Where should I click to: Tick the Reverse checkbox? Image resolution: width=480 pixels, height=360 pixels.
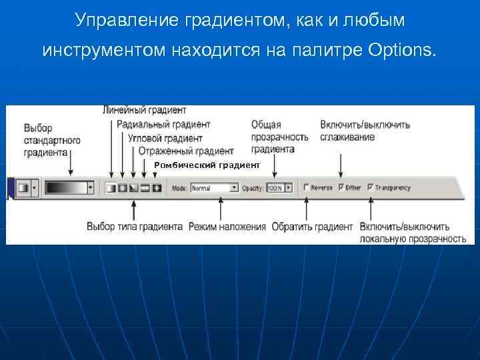point(306,187)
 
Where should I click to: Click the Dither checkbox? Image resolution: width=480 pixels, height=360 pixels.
point(341,187)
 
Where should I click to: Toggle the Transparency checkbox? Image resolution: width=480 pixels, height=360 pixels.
point(371,187)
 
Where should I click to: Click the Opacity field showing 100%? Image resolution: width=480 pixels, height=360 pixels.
point(274,188)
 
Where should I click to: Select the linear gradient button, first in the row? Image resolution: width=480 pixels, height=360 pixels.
point(111,188)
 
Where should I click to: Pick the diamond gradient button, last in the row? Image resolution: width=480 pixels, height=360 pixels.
point(157,188)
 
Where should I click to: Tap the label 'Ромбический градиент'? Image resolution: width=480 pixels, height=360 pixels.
point(207,165)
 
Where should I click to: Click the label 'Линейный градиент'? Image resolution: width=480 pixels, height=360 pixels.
point(145,109)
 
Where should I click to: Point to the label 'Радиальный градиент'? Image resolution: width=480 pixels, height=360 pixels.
point(163,124)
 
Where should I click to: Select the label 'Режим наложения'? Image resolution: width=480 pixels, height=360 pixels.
point(227,227)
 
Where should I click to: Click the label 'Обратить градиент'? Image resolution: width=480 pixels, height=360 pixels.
point(312,227)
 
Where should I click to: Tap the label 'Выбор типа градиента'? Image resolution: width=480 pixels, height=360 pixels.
point(135,227)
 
